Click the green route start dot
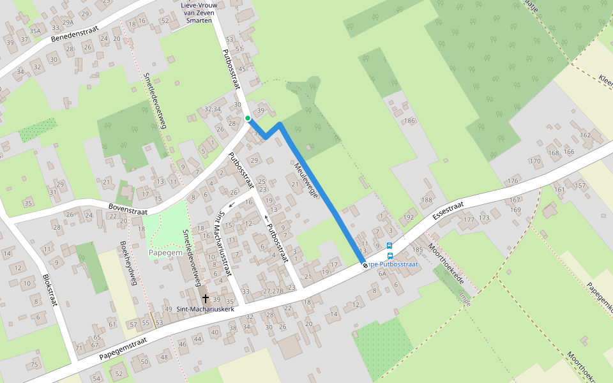(x=248, y=118)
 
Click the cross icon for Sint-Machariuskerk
(x=206, y=298)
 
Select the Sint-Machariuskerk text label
(x=206, y=310)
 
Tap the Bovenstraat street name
(x=128, y=209)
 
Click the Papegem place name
(x=166, y=253)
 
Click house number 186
(x=409, y=121)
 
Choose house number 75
(x=34, y=364)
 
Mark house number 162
(x=585, y=135)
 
